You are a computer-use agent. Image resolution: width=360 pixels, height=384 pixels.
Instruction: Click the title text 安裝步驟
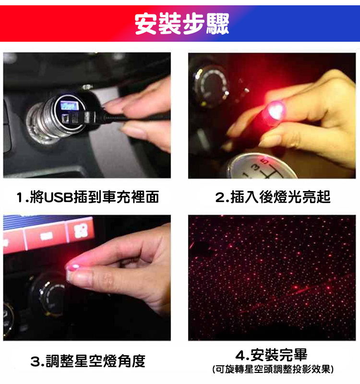click(x=181, y=23)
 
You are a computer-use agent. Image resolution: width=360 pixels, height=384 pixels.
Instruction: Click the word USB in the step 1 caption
click(x=58, y=197)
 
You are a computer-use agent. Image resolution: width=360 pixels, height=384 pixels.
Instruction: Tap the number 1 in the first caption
click(x=19, y=197)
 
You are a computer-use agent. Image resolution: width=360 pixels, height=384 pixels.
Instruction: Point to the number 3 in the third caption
click(x=35, y=361)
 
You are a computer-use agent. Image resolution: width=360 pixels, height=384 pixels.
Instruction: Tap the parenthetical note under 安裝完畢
click(x=272, y=370)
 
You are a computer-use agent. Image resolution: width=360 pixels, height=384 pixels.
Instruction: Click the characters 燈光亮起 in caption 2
click(x=302, y=197)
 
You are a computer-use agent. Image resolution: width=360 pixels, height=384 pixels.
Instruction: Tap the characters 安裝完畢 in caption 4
click(x=278, y=356)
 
